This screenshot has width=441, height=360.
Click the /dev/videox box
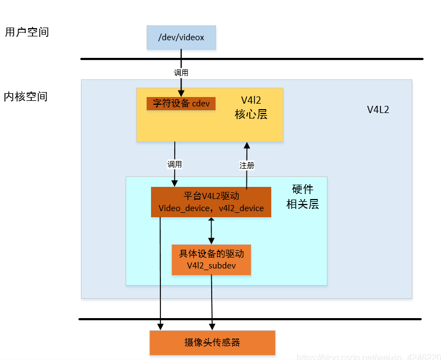181,37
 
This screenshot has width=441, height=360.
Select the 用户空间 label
27,32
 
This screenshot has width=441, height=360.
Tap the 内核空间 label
26,96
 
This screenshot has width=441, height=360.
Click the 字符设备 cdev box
181,104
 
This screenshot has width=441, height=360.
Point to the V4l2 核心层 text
251,108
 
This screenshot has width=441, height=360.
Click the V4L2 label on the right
378,109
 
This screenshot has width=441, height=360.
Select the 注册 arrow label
246,165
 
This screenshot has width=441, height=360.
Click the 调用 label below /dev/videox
181,72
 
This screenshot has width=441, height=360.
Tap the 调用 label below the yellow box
175,164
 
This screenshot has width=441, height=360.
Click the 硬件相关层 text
302,197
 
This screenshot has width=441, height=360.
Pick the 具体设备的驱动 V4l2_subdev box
211,260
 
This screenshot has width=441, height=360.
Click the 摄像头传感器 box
212,342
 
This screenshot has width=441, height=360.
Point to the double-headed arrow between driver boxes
211,230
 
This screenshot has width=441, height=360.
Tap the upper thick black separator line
251,58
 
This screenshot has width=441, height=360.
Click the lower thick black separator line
250,319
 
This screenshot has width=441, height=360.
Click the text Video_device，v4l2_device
211,208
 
